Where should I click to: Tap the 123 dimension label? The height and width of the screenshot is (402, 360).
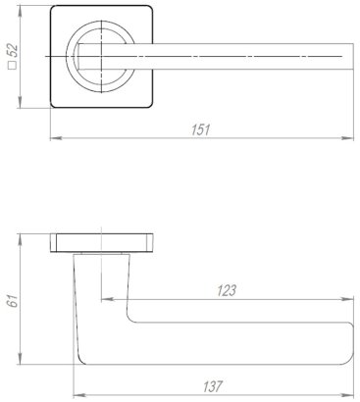point(226,291)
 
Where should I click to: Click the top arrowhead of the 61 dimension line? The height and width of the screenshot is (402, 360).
point(24,236)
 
